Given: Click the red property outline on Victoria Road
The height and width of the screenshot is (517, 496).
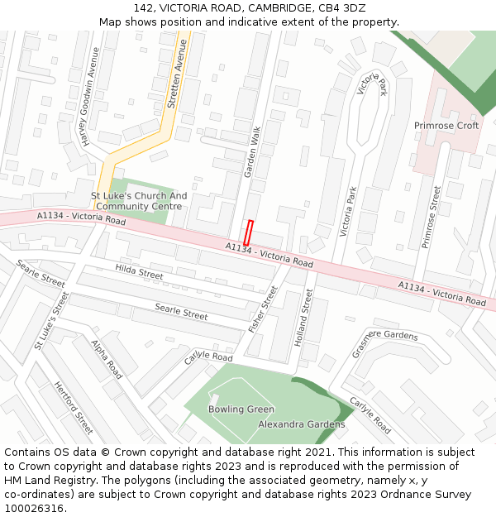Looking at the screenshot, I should click(247, 232).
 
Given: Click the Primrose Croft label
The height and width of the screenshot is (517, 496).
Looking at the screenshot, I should click(446, 126).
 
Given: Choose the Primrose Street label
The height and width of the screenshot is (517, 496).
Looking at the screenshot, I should click(432, 217).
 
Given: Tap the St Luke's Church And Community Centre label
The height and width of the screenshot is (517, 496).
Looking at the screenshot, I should click(139, 201).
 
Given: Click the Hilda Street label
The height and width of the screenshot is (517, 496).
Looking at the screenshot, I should click(139, 271).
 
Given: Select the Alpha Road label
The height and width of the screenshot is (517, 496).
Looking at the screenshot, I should click(107, 360).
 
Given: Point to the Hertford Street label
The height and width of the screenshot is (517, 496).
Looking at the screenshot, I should click(73, 408).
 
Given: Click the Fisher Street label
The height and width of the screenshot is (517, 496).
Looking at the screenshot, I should click(263, 309).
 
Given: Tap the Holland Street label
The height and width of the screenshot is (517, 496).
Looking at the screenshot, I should click(303, 318).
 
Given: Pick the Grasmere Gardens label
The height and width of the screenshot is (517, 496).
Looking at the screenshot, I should click(384, 339).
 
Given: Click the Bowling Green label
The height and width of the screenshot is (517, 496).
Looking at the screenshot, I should click(241, 409).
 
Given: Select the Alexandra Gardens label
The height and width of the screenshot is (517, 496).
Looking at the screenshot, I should click(302, 424).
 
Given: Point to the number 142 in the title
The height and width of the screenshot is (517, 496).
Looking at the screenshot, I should click(144, 7).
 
